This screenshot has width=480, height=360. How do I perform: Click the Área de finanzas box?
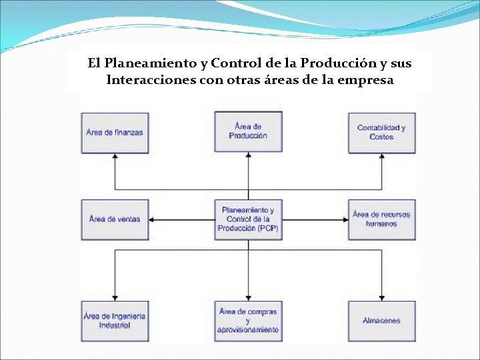115,132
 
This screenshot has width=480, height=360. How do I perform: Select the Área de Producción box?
248,131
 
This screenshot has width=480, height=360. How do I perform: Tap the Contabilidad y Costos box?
381,132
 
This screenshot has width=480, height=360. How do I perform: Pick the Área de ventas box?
115,219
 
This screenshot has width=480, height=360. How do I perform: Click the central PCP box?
248,219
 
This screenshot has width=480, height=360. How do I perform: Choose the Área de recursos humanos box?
381,219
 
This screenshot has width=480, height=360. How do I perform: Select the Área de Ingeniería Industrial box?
115,321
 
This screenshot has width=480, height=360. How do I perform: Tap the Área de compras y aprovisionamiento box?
248,321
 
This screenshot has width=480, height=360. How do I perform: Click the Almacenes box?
381,321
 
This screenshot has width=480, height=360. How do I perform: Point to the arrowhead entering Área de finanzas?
115,158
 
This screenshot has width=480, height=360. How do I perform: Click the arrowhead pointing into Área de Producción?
249,157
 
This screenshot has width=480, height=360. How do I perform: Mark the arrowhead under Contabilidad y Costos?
382,158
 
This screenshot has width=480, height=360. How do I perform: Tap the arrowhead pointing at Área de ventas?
153,219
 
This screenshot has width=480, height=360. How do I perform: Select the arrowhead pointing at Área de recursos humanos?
344,219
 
